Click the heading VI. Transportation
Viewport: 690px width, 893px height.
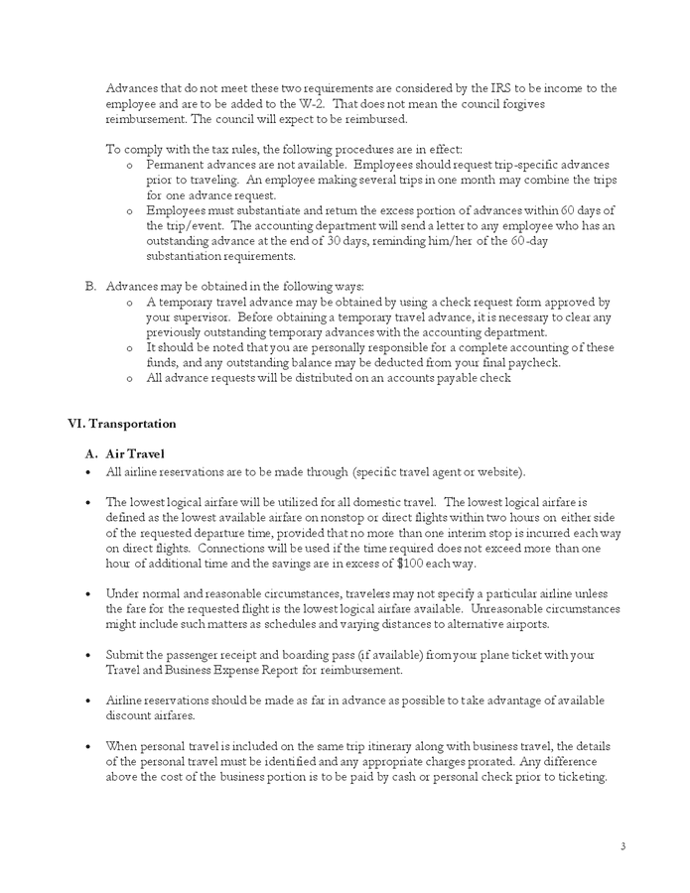point(121,424)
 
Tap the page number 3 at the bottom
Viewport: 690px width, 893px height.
point(622,846)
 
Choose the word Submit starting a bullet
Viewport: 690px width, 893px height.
point(126,655)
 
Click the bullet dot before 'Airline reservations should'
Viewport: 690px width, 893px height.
point(89,701)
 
